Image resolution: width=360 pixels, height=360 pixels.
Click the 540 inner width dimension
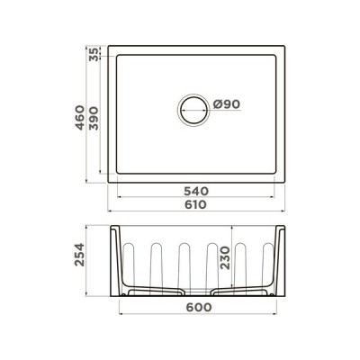[196, 191]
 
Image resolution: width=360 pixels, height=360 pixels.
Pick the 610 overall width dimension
[196, 204]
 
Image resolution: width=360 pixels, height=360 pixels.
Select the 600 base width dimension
[197, 307]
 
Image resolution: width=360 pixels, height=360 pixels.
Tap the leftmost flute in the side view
[130, 264]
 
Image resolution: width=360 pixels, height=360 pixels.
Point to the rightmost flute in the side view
[267, 264]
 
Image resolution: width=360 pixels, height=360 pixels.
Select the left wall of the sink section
[114, 261]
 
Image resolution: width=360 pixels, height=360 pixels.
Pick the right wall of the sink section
[283, 261]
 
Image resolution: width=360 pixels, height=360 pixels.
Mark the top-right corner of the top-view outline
[286, 46]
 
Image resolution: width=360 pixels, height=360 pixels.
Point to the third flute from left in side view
[184, 264]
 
